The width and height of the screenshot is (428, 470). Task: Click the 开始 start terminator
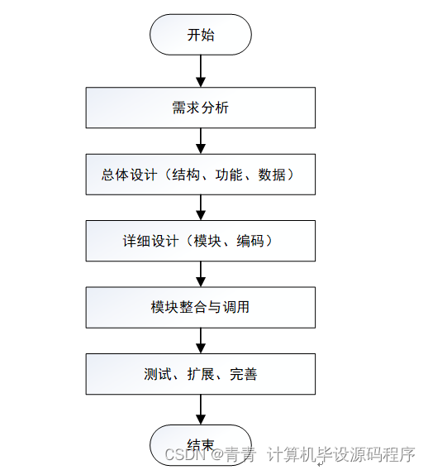click(200, 35)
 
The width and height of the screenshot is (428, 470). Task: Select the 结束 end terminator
click(200, 442)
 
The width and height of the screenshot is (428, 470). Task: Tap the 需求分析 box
click(200, 108)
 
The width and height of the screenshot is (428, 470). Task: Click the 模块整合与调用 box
click(200, 307)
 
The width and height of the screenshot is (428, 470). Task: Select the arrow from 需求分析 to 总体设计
click(200, 141)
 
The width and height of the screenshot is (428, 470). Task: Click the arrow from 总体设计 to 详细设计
click(200, 208)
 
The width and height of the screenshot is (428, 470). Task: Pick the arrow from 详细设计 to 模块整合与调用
click(200, 274)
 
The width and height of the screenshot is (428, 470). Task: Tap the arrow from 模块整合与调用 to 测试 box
click(200, 340)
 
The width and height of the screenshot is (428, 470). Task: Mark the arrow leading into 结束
click(200, 409)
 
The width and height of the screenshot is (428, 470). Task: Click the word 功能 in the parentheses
click(228, 175)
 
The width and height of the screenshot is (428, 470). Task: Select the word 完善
click(244, 374)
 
